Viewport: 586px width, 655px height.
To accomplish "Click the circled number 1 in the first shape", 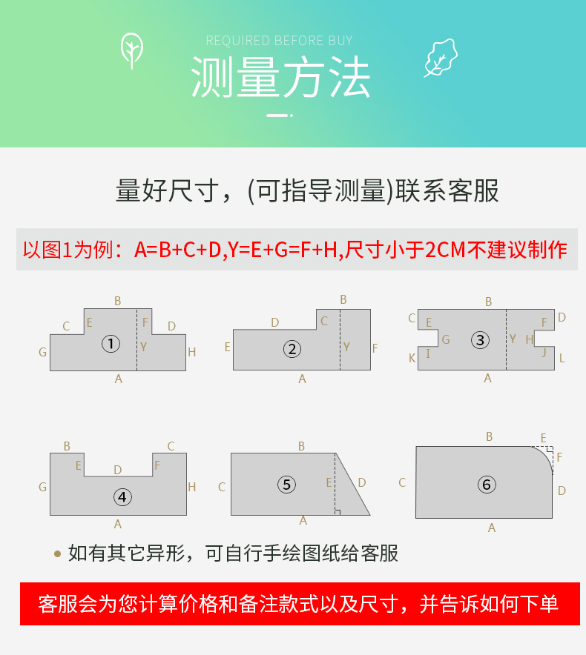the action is tap(111, 344).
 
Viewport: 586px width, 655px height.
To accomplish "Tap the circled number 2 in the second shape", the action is tap(292, 349).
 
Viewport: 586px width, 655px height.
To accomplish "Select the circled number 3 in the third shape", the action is tap(480, 340).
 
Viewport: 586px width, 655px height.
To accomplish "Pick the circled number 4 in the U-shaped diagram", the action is tap(122, 497).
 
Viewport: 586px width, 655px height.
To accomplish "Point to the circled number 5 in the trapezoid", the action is tap(286, 485).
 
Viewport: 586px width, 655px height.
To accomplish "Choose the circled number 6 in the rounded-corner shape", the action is tap(487, 485).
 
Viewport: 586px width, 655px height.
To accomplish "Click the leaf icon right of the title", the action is tap(441, 58).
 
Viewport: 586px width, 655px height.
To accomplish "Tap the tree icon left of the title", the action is tap(132, 51).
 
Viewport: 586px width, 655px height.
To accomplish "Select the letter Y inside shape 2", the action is tap(346, 347).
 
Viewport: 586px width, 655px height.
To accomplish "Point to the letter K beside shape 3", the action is tap(412, 358).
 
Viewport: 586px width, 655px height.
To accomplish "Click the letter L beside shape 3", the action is tap(562, 358).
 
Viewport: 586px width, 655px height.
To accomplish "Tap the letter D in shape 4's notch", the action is tap(118, 470).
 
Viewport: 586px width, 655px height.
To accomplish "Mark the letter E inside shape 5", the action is tap(329, 483).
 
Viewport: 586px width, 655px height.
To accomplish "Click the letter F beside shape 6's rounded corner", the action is tap(559, 457).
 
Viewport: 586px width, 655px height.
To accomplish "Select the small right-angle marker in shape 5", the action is tap(337, 512).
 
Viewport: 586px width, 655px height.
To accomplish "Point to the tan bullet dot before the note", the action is tap(58, 554).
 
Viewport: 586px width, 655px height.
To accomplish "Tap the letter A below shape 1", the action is tap(119, 379).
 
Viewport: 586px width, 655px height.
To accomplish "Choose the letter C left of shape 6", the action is tap(402, 483).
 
